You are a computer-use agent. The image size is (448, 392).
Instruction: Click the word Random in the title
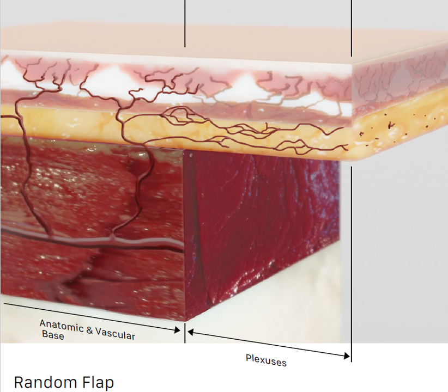46,382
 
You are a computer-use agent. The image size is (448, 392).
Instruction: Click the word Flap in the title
99,382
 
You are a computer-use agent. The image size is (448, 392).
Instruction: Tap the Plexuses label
266,360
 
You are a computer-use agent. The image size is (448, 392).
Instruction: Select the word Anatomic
60,326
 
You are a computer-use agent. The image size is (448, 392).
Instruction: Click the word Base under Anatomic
53,336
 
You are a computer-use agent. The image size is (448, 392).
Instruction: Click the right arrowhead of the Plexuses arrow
347,357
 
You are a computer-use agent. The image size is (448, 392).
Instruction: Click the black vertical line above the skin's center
185,24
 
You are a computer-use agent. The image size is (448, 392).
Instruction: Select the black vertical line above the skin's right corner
352,27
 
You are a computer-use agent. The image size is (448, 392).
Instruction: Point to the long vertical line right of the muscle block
352,261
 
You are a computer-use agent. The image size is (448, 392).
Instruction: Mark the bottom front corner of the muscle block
185,321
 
